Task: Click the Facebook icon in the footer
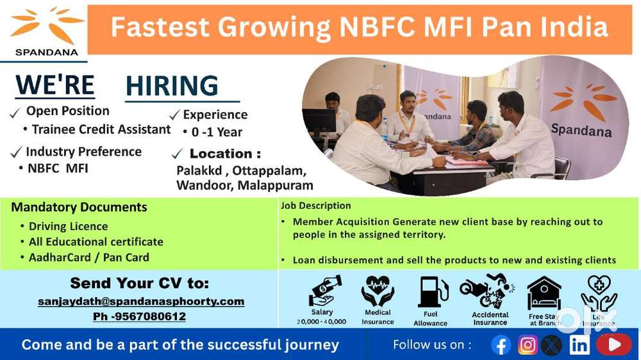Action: pyautogui.click(x=501, y=345)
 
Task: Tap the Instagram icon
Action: pyautogui.click(x=528, y=345)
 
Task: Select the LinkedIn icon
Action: pyautogui.click(x=579, y=345)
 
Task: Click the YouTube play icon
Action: pyautogui.click(x=614, y=345)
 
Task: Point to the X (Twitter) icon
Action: pyautogui.click(x=551, y=345)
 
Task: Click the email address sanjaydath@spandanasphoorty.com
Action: pyautogui.click(x=141, y=302)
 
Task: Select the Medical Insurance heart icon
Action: pyautogui.click(x=378, y=291)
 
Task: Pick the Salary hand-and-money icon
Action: pyautogui.click(x=324, y=290)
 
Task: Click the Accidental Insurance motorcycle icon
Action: pyautogui.click(x=487, y=291)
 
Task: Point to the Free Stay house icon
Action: pyautogui.click(x=544, y=293)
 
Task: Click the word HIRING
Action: pyautogui.click(x=172, y=86)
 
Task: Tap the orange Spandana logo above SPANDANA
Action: pyautogui.click(x=46, y=24)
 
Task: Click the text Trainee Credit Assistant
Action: pyautogui.click(x=101, y=129)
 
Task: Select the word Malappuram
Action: pyautogui.click(x=276, y=186)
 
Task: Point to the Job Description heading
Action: pyautogui.click(x=315, y=206)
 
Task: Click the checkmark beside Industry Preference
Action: pyautogui.click(x=16, y=152)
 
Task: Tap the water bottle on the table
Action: pyautogui.click(x=384, y=129)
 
